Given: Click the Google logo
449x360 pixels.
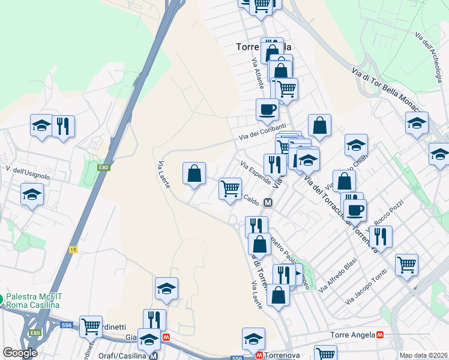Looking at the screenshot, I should (20, 353).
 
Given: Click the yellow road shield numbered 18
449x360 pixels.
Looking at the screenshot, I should (73, 248).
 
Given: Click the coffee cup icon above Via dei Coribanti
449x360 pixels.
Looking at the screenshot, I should (267, 109).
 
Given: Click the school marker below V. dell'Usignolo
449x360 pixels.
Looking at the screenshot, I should (32, 194).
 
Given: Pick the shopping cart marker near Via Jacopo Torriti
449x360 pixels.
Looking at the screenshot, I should (406, 264).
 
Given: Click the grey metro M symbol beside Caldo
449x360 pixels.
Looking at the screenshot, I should (268, 203).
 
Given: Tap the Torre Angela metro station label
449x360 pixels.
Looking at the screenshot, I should (353, 335).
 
